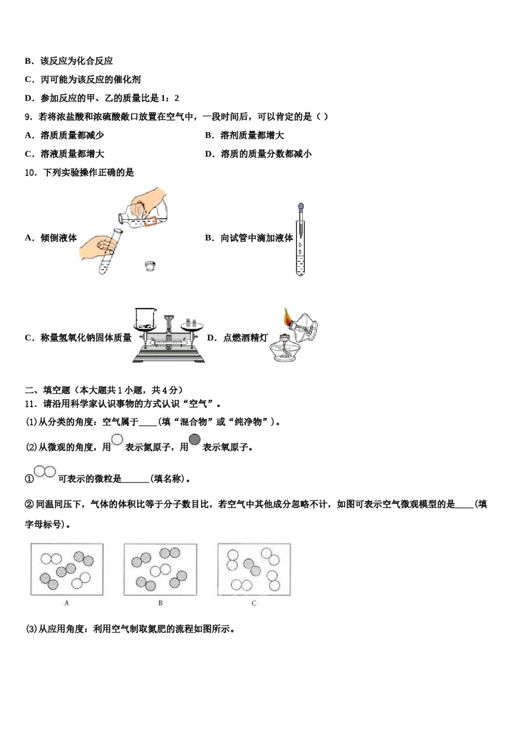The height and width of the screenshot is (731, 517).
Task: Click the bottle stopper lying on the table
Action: (151, 265)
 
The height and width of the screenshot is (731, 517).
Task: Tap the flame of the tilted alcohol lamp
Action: (287, 315)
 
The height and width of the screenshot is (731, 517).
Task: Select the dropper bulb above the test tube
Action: (300, 208)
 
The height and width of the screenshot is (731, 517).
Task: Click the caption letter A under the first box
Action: (66, 603)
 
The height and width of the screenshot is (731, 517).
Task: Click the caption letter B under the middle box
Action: (160, 603)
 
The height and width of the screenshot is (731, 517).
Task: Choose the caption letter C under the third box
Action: (254, 603)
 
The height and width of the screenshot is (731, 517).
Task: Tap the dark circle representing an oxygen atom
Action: (194, 439)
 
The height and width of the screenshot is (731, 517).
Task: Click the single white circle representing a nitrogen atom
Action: (117, 439)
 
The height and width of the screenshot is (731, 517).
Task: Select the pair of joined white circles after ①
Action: (45, 472)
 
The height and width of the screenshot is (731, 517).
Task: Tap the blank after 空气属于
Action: (147, 422)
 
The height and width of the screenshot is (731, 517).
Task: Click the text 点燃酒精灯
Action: (245, 338)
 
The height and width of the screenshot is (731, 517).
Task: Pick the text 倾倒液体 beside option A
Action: (58, 238)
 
